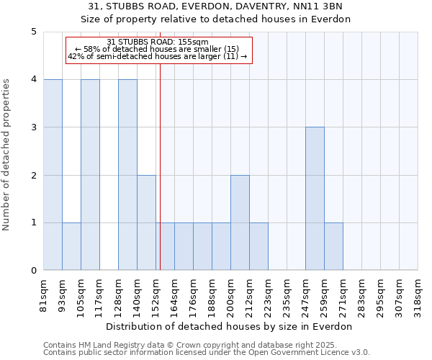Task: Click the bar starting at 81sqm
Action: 53,175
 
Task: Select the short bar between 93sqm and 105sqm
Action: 71,246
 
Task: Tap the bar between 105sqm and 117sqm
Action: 90,175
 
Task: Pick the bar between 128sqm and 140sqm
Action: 127,175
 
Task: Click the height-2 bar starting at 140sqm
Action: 146,222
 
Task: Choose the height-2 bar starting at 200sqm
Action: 240,222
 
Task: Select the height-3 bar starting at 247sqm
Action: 315,199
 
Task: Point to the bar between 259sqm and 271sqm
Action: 333,246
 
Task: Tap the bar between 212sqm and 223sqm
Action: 258,246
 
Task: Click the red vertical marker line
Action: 160,180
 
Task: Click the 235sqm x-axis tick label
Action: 287,296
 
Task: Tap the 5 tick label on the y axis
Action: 33,32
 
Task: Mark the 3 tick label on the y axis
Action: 33,127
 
